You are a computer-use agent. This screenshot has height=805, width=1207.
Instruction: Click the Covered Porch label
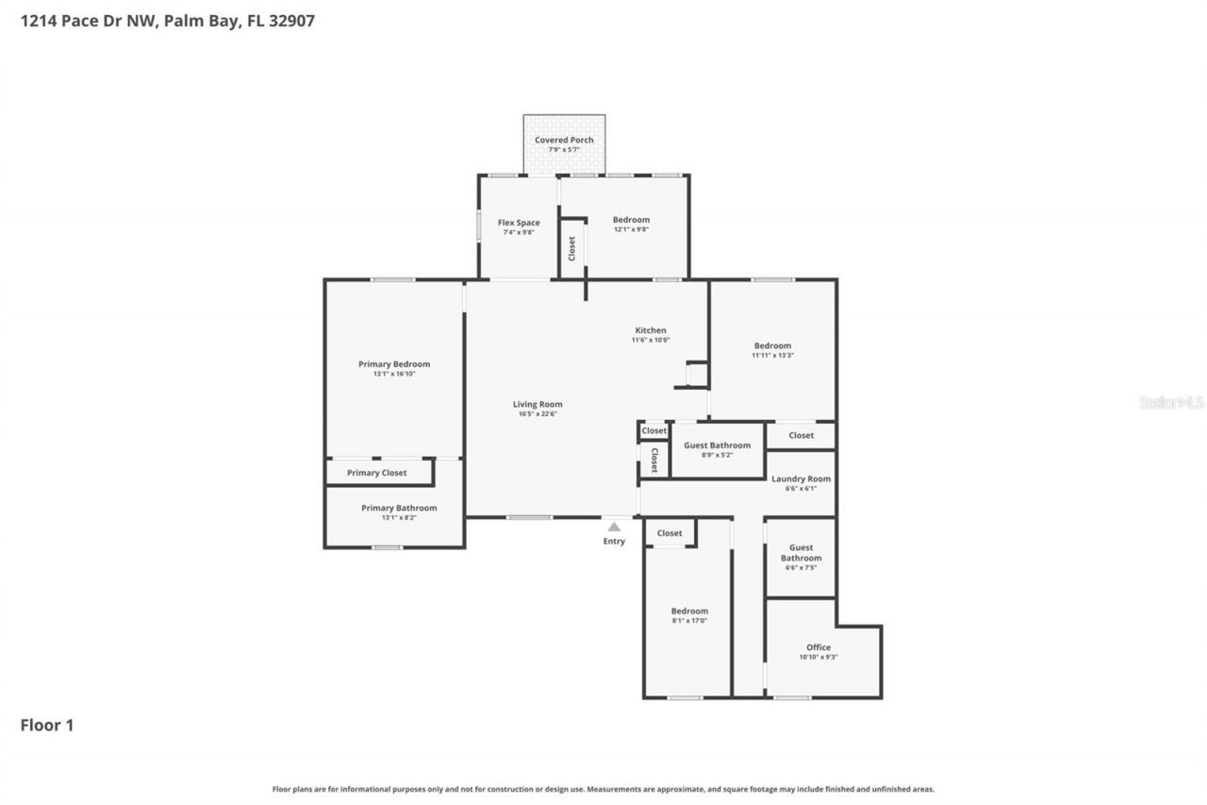coord(564,140)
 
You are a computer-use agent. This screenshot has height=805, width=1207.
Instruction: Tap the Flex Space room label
coord(519,223)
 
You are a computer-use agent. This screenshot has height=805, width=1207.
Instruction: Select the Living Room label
coord(537,404)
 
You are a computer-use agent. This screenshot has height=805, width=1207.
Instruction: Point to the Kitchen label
coord(650,330)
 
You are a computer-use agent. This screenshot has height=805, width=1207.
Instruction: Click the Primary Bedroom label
coord(393,364)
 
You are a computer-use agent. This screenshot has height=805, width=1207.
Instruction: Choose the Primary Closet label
coord(377,473)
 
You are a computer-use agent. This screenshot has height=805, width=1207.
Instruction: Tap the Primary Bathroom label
coord(399,508)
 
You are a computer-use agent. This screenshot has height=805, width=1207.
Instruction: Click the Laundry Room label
coord(801,478)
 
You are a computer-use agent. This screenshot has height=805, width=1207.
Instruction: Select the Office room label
coord(818,647)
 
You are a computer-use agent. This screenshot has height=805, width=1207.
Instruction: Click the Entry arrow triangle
coord(614,527)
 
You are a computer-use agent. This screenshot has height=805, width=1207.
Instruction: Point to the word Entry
coord(614,542)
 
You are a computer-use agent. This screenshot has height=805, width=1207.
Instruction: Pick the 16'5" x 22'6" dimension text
coord(537,414)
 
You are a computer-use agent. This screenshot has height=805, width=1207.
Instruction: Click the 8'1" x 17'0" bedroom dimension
coord(689,621)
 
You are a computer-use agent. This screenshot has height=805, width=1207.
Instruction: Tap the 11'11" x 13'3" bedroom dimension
coord(772,356)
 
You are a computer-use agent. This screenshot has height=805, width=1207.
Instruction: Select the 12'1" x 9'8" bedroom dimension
coord(631,229)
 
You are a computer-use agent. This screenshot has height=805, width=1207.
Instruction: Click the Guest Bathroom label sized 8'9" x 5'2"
coord(718,445)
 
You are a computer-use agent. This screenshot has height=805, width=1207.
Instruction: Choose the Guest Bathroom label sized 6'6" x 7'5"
coord(801,553)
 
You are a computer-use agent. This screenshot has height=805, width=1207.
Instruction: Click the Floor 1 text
coord(47,725)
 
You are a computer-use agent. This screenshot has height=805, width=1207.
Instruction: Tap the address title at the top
coord(168,20)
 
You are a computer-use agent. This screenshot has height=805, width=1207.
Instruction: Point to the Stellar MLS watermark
coord(1171,402)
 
